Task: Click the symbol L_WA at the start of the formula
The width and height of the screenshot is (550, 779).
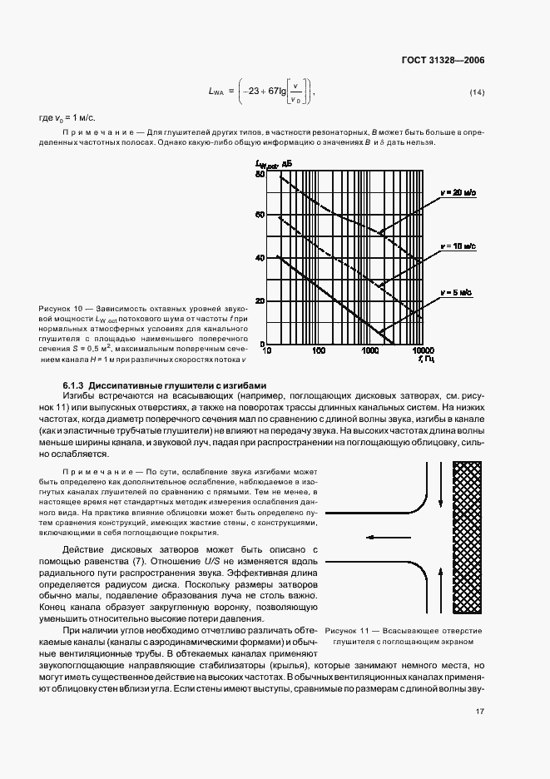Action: (214, 92)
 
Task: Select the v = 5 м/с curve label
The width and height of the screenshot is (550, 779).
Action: (458, 293)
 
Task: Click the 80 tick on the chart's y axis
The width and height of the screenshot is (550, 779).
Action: (259, 173)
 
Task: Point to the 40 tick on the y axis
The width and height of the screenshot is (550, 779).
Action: (259, 258)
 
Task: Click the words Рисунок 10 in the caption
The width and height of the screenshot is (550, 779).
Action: (61, 309)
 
